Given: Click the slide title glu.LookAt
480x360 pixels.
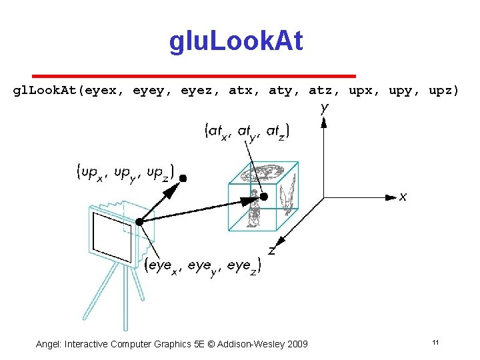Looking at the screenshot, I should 236,41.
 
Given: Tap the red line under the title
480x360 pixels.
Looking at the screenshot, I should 194,75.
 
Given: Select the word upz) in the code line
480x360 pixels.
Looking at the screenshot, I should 443,90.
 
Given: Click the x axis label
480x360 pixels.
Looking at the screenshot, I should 403,197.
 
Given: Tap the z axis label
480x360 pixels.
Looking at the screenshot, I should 272,251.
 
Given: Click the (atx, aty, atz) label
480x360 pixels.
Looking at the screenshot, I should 247,132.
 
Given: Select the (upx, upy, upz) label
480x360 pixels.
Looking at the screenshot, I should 125,174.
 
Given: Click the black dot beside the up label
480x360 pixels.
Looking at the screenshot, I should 183,178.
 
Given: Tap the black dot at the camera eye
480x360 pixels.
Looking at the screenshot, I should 139,221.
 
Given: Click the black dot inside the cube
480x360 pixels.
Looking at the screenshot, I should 263,197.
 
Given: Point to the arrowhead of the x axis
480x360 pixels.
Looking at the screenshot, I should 391,197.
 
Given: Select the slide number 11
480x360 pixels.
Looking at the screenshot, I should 435,343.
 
